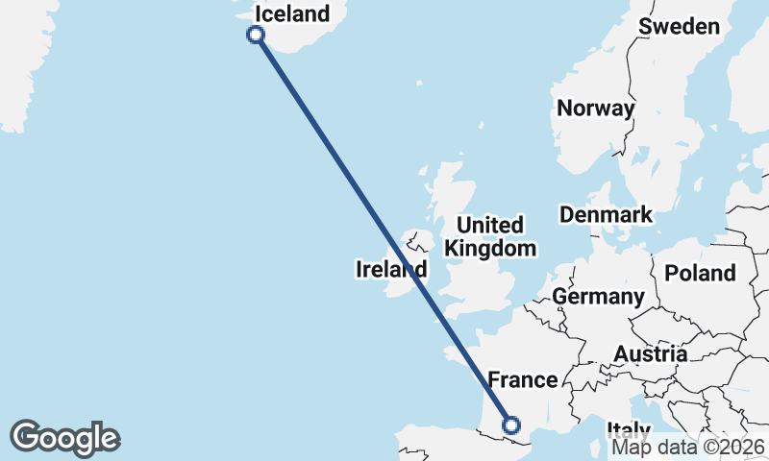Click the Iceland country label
[x=291, y=13]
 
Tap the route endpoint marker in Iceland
[x=256, y=36]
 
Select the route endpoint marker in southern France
[x=511, y=425]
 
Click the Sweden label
[x=680, y=26]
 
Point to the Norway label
[x=596, y=108]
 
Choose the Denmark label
[x=606, y=214]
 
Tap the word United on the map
[x=490, y=226]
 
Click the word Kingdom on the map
[x=490, y=249]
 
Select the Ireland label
[x=389, y=270]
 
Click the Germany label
[x=598, y=297]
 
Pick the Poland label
[x=700, y=273]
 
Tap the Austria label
[x=651, y=354]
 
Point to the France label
[x=523, y=379]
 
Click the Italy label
[x=630, y=429]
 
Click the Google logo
[x=64, y=437]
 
